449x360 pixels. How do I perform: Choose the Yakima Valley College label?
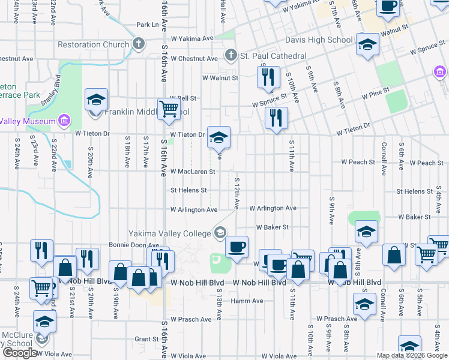pos(170,233)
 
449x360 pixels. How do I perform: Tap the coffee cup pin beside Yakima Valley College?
pos(237,247)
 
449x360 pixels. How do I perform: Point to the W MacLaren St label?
pos(193,171)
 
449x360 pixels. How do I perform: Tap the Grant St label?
pos(146,339)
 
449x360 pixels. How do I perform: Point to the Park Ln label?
pos(148,25)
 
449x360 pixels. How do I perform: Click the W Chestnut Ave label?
pos(194,59)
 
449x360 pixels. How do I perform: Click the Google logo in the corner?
pos(20,353)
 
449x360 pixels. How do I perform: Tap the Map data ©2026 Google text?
pos(412,356)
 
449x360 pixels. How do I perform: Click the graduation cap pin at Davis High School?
pos(367,45)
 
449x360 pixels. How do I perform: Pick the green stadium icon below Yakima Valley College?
pos(217,260)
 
